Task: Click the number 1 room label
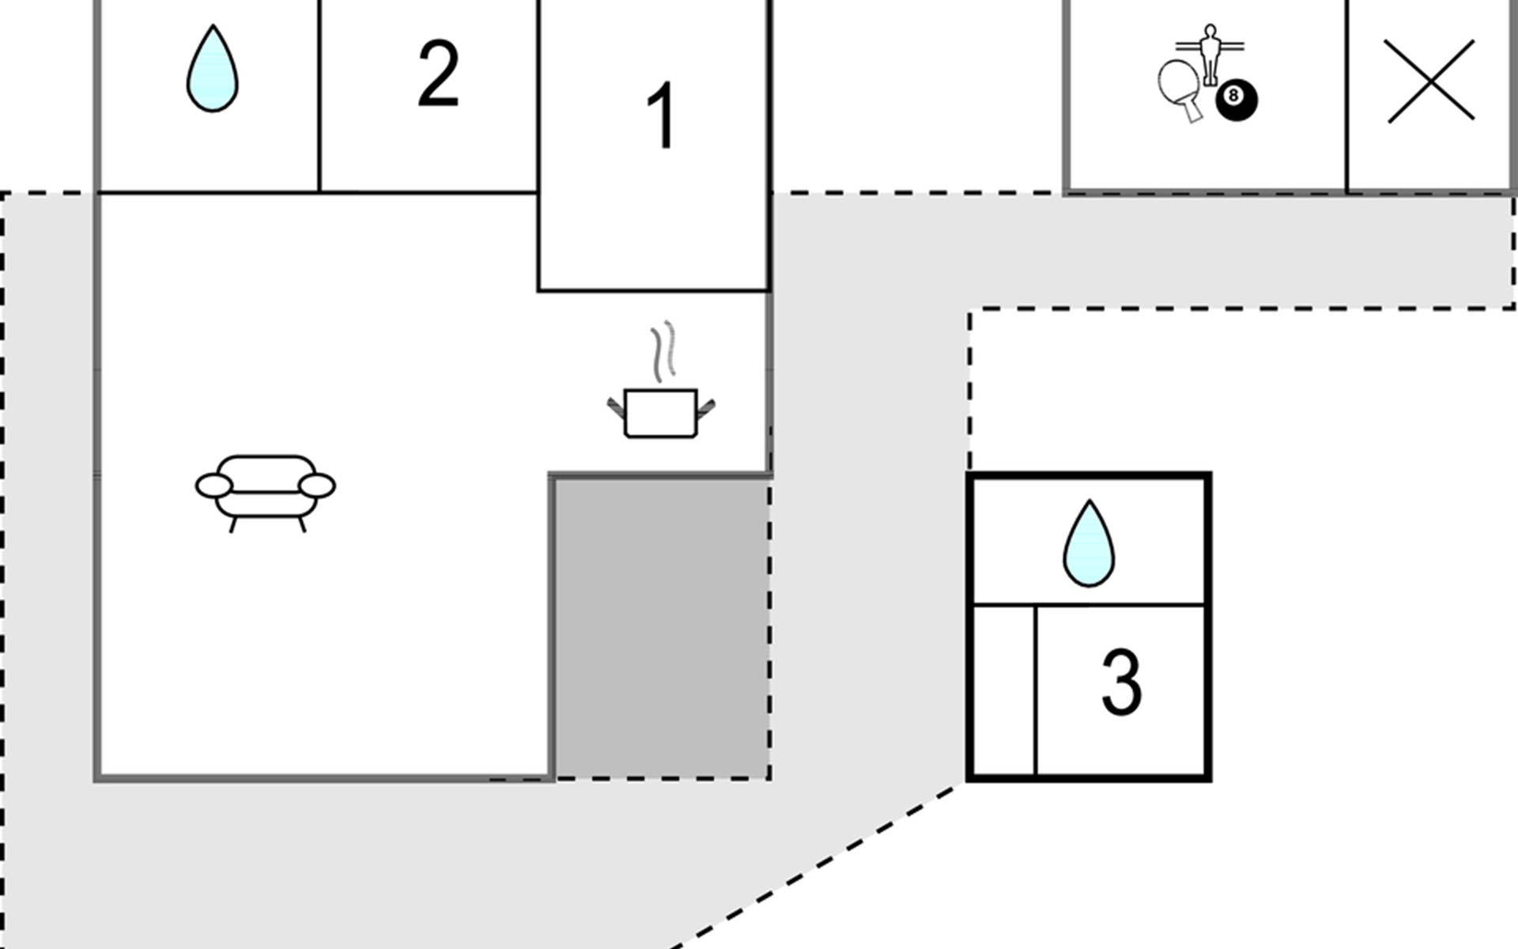coord(661,115)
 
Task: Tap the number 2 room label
coord(438,73)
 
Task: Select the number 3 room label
coord(1121,682)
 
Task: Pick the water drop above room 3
coord(1089,543)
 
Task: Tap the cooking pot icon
coord(661,412)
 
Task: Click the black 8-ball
coord(1236,100)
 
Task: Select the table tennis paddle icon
coord(1180,89)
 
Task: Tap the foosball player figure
coord(1209,54)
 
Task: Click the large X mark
coord(1430,81)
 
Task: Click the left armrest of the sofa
coord(214,486)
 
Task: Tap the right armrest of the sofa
coord(317,486)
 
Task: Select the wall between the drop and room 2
coord(319,95)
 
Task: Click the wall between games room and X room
coord(1346,95)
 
